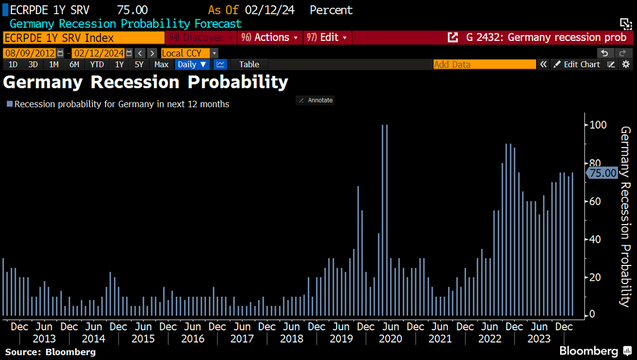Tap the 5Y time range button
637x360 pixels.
pyautogui.click(x=139, y=64)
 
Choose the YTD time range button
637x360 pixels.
pyautogui.click(x=97, y=64)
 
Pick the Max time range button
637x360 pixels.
pyautogui.click(x=161, y=64)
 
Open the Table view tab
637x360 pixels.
pyautogui.click(x=249, y=64)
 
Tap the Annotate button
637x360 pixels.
pyautogui.click(x=315, y=100)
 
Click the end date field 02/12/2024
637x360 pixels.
pyautogui.click(x=98, y=53)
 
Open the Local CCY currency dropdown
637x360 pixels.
pyautogui.click(x=189, y=53)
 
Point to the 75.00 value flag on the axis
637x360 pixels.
pyautogui.click(x=602, y=173)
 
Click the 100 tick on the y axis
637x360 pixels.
pyautogui.click(x=596, y=125)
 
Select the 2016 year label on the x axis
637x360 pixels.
pyautogui.click(x=192, y=338)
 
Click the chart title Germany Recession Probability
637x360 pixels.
pyautogui.click(x=146, y=82)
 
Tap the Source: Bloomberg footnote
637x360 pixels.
pyautogui.click(x=50, y=352)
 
